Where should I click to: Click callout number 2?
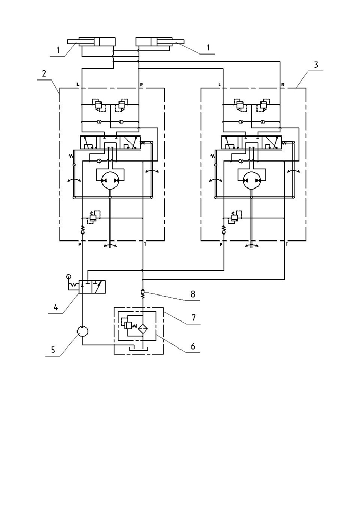click(x=44, y=74)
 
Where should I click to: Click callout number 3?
click(x=316, y=65)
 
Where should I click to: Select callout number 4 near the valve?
click(x=56, y=307)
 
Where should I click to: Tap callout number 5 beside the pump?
click(x=53, y=350)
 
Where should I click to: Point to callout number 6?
click(x=193, y=346)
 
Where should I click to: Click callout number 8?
click(x=193, y=294)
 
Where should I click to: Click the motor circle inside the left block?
click(x=110, y=180)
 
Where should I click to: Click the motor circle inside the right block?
click(x=251, y=180)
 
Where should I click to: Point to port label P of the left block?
click(x=79, y=245)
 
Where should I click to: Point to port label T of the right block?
click(x=286, y=245)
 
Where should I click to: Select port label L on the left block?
click(x=78, y=85)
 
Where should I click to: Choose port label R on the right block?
click(x=282, y=85)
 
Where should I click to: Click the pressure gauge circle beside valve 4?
click(x=68, y=277)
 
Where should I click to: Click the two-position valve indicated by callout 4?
click(x=92, y=287)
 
